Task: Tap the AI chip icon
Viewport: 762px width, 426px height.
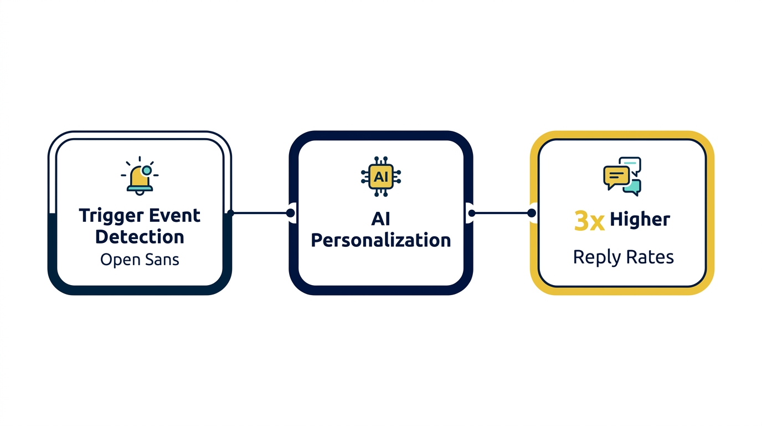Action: (x=380, y=177)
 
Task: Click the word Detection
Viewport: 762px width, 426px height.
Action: (x=140, y=237)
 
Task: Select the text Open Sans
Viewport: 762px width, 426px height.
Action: (x=140, y=260)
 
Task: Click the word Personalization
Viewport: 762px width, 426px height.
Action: (x=380, y=241)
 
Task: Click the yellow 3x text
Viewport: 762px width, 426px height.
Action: (x=589, y=221)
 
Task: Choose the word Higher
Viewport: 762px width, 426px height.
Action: (x=640, y=220)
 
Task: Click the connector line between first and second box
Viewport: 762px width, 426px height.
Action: (x=260, y=213)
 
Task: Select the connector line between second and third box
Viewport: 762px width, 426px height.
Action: (x=501, y=213)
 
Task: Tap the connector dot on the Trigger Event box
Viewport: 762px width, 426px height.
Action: (x=231, y=213)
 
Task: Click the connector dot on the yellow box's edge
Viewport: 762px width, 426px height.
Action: (x=532, y=213)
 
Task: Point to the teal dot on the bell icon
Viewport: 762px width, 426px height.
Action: (x=146, y=170)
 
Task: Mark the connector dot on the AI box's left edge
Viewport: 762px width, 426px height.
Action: (x=290, y=213)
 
